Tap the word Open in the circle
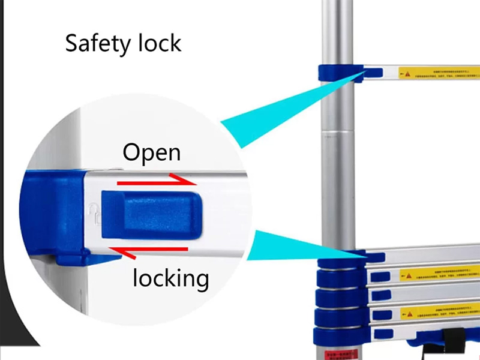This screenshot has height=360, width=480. pyautogui.click(x=151, y=152)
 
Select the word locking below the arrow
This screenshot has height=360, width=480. pyautogui.click(x=171, y=278)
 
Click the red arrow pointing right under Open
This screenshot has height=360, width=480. pyautogui.click(x=155, y=181)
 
